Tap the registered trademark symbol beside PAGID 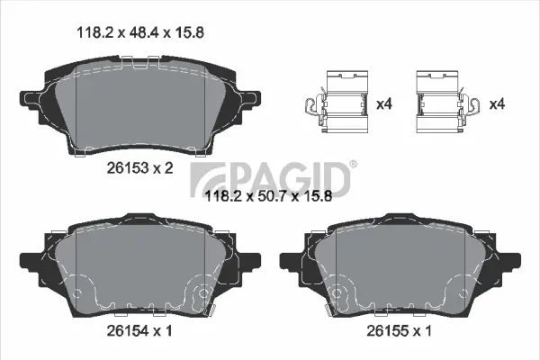coord(352,164)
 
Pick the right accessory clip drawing coord(445,103)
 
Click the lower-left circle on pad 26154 coord(78,292)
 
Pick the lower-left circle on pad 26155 coord(339,293)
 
